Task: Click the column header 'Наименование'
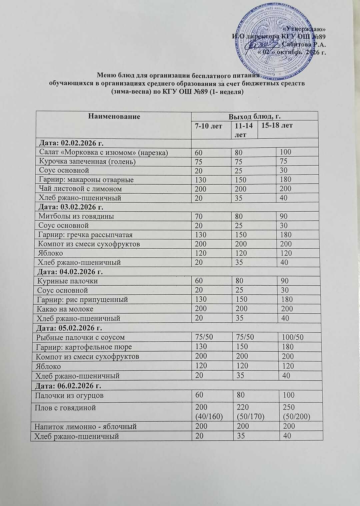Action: [x=114, y=116]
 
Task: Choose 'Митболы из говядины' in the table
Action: [x=76, y=216]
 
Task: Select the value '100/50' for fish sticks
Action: [x=293, y=337]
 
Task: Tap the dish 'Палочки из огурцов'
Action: [x=71, y=395]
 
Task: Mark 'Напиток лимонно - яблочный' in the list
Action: [x=86, y=426]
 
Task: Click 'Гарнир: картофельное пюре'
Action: [x=84, y=347]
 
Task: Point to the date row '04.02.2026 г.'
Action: [x=71, y=271]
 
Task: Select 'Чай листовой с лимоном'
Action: [x=80, y=189]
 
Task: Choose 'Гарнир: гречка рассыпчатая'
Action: [x=85, y=234]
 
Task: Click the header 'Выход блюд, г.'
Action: [x=254, y=116]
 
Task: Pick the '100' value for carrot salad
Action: [x=286, y=152]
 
